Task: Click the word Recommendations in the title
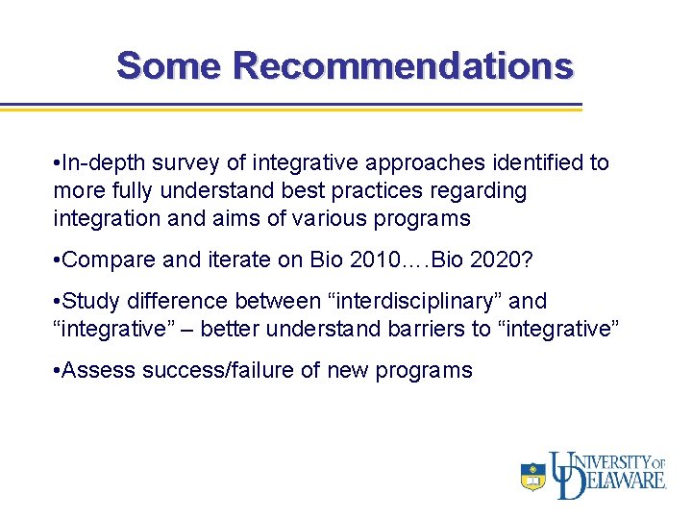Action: (403, 65)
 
